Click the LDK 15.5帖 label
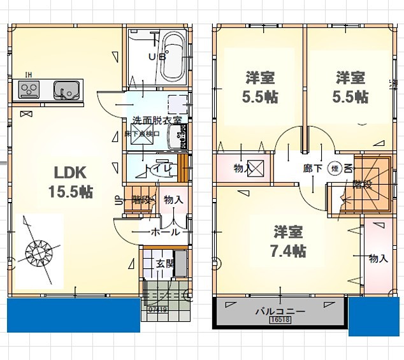point(70,182)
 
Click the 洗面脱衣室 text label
point(156,120)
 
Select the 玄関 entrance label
point(157,263)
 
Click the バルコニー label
point(280,312)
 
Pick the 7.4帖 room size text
point(289,251)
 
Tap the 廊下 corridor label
point(312,169)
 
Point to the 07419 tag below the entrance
point(157,310)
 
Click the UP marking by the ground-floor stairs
point(119,199)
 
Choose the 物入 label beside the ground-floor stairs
point(173,200)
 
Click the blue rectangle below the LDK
point(73,315)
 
